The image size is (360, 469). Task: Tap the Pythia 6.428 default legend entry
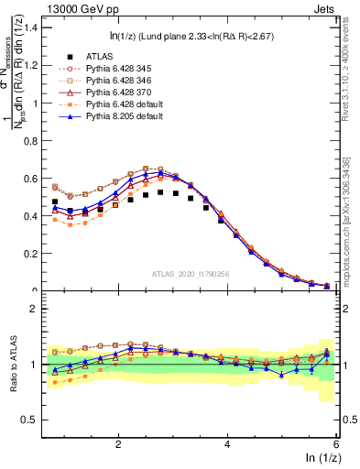tap(120, 106)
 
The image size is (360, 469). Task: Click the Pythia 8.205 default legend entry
tap(120, 119)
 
